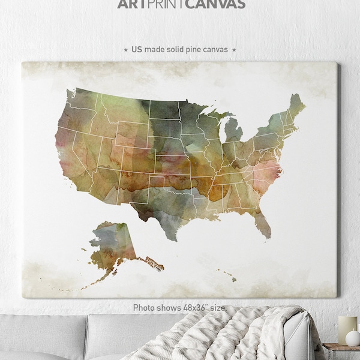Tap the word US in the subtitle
136,49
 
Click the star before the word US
125,50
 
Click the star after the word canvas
234,50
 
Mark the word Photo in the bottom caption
145,308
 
